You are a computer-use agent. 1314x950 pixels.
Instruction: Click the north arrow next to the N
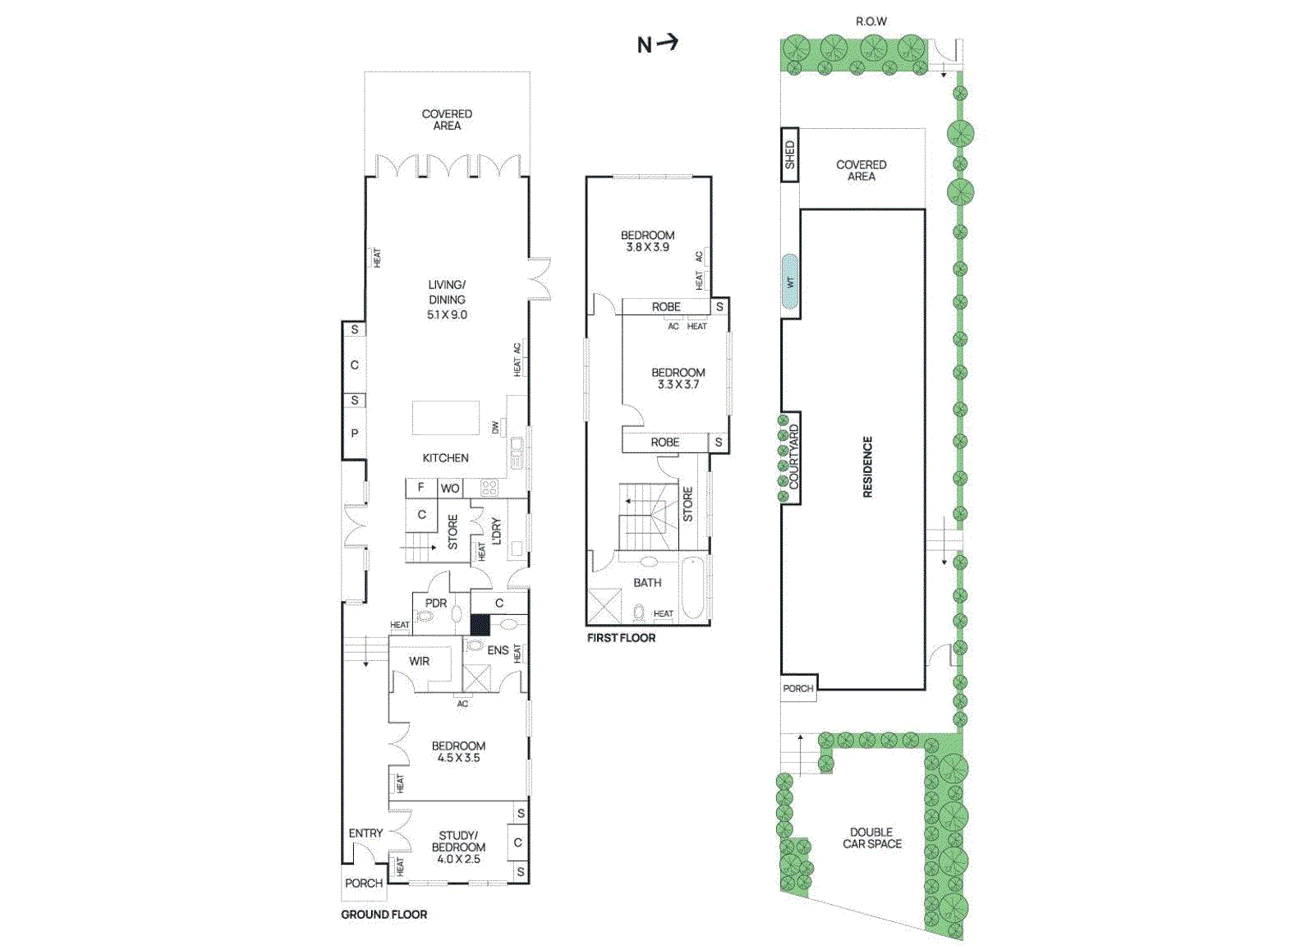[668, 43]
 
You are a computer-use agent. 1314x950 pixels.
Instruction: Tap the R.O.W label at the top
[871, 21]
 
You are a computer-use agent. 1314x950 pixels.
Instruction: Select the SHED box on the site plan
[789, 154]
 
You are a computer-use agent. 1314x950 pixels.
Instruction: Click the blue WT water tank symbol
[790, 282]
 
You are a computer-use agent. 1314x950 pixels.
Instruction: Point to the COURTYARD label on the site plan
[793, 457]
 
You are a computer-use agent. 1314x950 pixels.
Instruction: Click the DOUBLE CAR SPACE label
[871, 838]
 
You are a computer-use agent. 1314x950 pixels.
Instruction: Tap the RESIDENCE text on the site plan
[867, 466]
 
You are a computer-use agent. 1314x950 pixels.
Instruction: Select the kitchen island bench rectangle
[445, 417]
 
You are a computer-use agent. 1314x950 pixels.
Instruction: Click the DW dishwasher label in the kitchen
[495, 427]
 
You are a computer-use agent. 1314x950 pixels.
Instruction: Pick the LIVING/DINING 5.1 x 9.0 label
[447, 300]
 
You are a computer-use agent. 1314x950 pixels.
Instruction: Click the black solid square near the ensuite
[480, 624]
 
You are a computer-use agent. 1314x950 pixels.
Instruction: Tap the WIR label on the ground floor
[419, 661]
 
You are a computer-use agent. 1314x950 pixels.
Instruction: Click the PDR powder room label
[436, 603]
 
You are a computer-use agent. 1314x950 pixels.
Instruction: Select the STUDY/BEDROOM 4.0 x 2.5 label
[458, 847]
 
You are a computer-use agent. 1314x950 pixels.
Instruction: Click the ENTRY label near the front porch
[365, 833]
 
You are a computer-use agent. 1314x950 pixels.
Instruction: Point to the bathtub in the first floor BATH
[692, 588]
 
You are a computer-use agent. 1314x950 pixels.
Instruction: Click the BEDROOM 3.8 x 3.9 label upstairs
[647, 241]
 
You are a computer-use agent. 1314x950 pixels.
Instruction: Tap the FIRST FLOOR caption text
[621, 638]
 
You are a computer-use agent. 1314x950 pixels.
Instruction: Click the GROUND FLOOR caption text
[384, 914]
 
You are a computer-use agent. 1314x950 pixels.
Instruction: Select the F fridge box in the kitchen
[421, 487]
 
